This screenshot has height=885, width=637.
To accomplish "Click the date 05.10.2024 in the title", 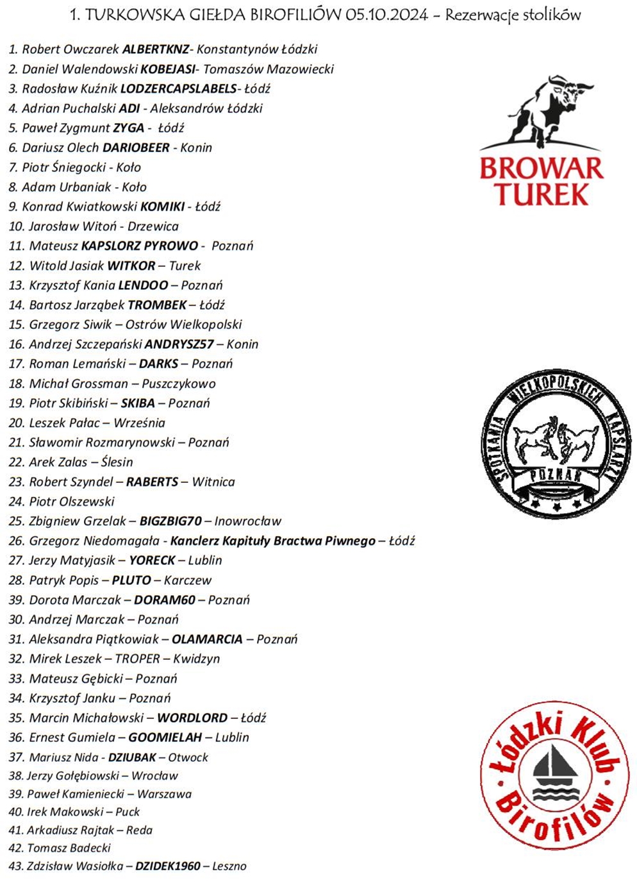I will (386, 15).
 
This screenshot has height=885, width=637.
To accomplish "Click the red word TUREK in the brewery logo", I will (542, 194).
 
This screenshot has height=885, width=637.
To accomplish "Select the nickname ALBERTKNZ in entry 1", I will (155, 49).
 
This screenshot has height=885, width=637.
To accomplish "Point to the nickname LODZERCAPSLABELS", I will (178, 88).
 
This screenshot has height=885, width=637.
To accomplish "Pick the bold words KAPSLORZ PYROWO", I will (139, 246).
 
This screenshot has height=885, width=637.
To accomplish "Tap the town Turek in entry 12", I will (185, 265).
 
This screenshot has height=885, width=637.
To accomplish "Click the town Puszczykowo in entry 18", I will (178, 383).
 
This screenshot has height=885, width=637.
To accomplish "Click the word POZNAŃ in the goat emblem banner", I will (556, 475).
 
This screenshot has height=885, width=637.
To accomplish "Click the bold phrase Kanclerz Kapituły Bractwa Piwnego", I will (272, 541).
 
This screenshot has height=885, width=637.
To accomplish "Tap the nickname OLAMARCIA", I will (207, 639).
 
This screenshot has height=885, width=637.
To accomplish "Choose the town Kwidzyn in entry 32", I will (196, 659).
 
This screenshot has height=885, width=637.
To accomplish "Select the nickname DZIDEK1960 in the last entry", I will (167, 866).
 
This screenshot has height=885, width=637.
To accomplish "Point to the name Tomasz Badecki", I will (69, 848).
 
